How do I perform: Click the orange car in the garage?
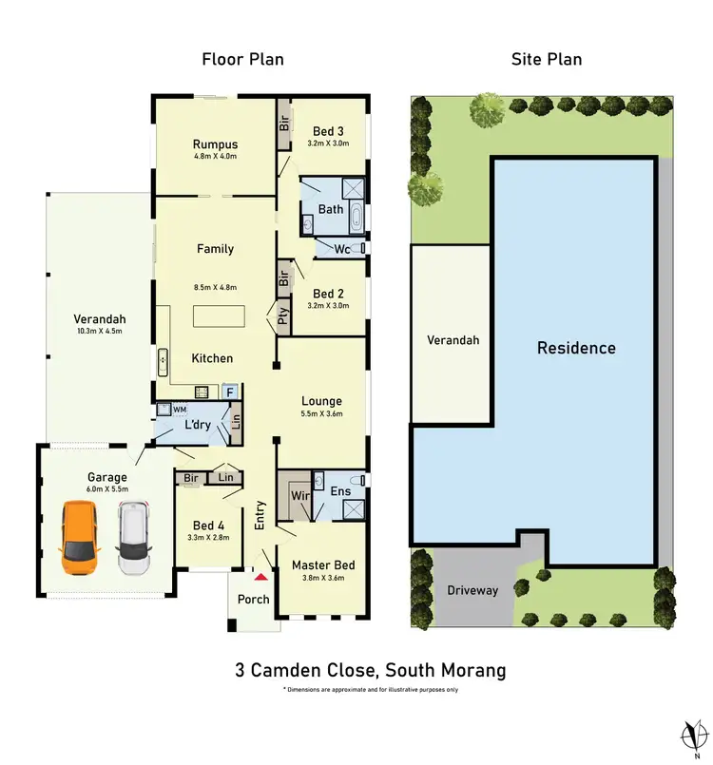77,539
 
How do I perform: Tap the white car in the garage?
135,539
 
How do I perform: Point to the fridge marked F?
228,391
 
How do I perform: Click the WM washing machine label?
180,409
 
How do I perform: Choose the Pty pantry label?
283,315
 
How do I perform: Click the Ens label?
340,491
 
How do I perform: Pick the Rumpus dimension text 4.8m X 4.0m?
215,156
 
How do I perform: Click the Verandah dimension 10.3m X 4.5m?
99,332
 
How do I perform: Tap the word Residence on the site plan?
576,348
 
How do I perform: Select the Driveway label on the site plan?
472,590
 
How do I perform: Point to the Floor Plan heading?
242,59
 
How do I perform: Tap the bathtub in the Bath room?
356,218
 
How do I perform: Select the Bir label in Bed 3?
283,124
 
